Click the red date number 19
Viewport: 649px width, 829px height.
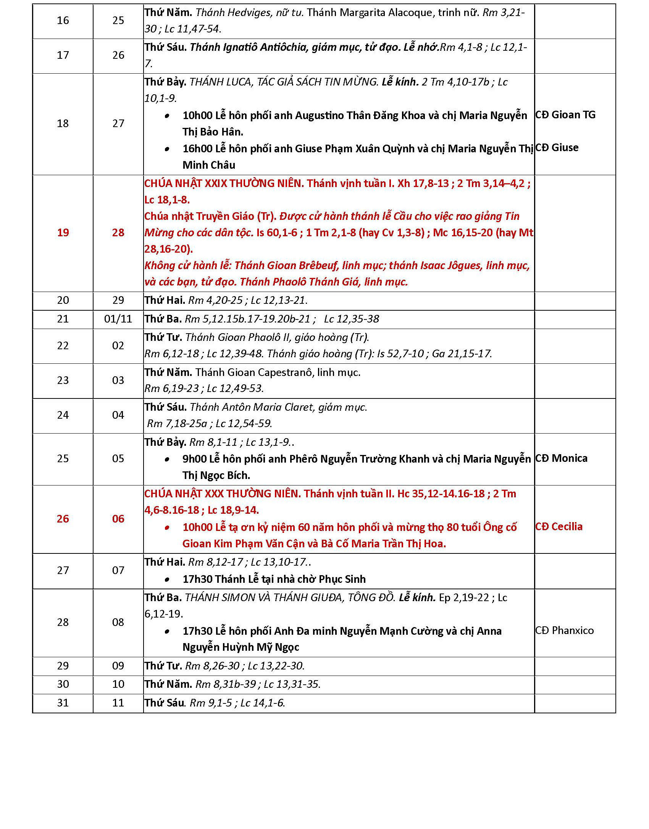[63, 233]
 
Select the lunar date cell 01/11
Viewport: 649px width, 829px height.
[118, 319]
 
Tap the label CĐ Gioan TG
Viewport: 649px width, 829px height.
[565, 115]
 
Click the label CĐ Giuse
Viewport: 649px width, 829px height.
[557, 148]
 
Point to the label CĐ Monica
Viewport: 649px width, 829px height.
[561, 458]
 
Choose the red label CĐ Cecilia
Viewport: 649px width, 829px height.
[559, 527]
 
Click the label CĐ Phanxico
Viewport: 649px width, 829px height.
[564, 630]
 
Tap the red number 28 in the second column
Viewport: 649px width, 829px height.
[118, 233]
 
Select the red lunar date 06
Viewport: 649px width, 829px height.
[118, 519]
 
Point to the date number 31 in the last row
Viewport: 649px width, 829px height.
[63, 703]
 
